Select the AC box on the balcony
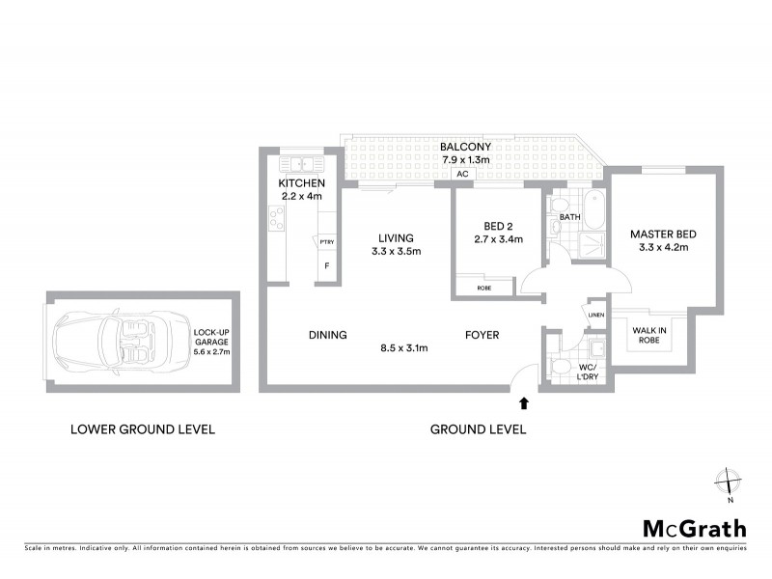tap(461, 176)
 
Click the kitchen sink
tap(301, 164)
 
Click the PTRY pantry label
tap(327, 241)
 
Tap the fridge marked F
tap(327, 264)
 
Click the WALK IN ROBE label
tap(648, 335)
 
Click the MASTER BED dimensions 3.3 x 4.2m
tap(662, 248)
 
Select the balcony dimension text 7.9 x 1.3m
tap(467, 160)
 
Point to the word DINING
tap(328, 335)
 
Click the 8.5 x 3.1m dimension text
tap(406, 347)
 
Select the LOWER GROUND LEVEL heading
tap(143, 429)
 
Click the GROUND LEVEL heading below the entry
tap(479, 429)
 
